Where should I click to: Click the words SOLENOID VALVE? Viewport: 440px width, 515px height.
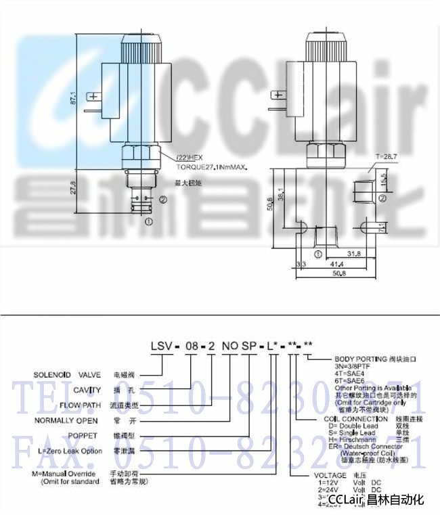tap(66, 374)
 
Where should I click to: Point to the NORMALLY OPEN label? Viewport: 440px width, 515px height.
tap(67, 420)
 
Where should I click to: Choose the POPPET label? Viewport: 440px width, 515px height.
tap(85, 435)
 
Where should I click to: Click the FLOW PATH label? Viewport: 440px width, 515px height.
tap(81, 405)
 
